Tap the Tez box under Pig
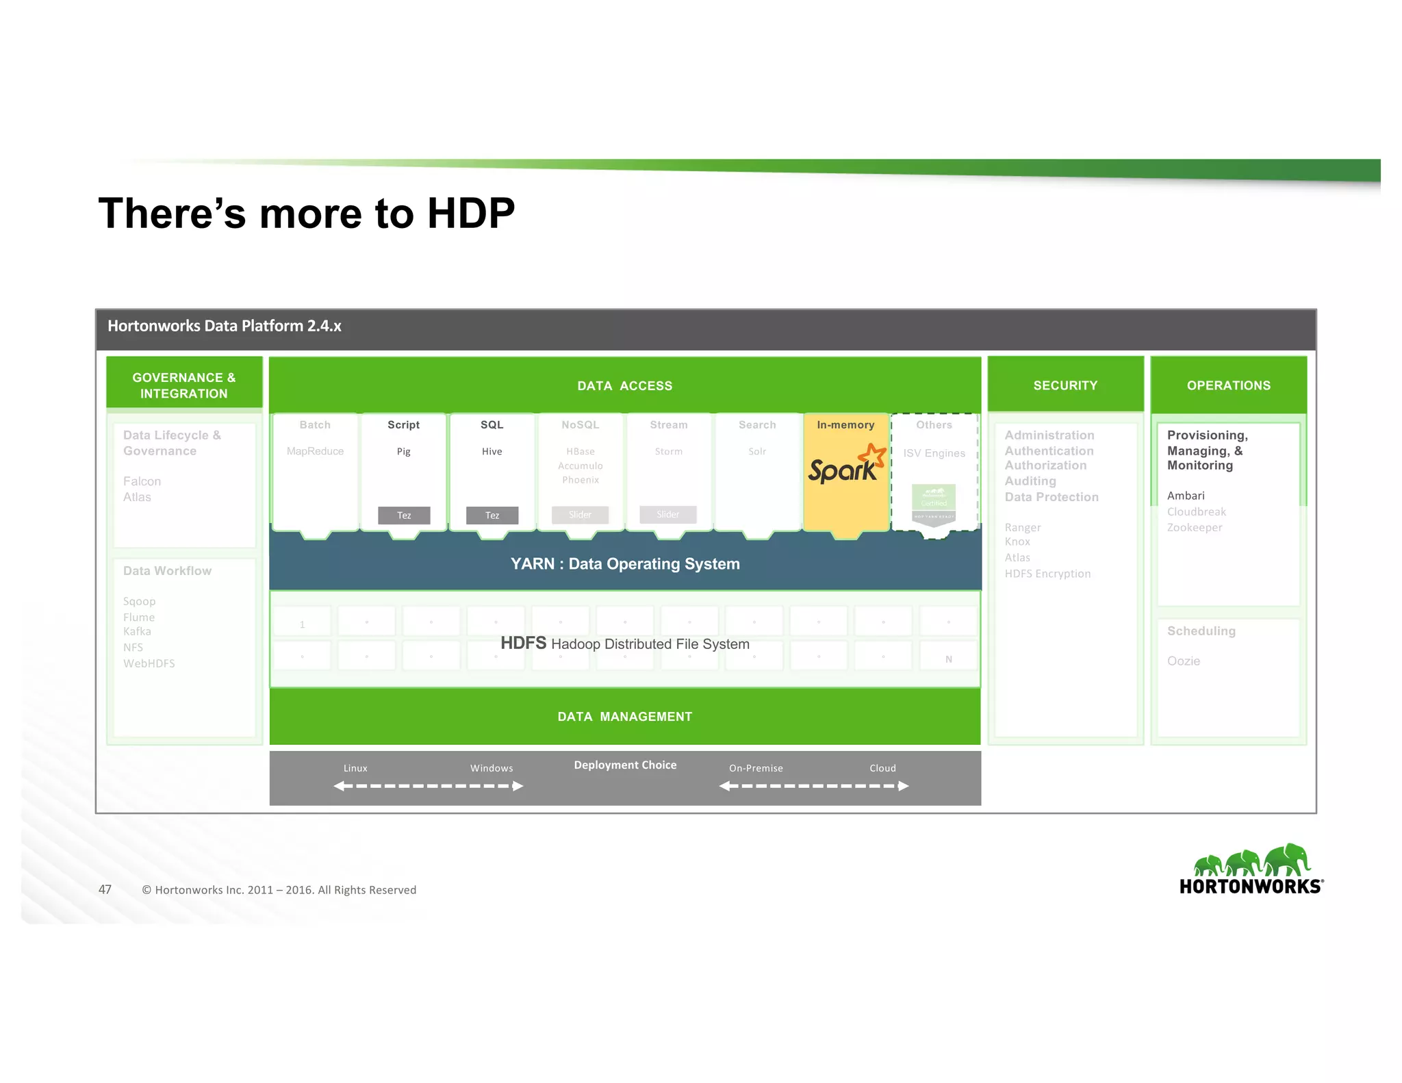coord(404,515)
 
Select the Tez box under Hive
coord(492,515)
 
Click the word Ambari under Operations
coord(1186,496)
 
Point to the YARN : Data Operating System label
coord(625,564)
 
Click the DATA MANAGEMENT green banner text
coord(625,717)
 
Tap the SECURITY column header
coord(1065,385)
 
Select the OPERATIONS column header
coord(1228,385)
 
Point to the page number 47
coord(105,889)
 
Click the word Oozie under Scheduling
coord(1184,661)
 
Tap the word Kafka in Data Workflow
coord(137,632)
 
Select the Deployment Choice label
coord(625,765)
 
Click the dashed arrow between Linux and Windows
coord(429,786)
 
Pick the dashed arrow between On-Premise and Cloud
coord(814,786)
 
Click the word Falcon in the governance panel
coord(142,481)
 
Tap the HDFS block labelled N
coord(948,659)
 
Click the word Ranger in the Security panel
coord(1022,527)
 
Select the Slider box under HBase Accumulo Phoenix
coord(580,515)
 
